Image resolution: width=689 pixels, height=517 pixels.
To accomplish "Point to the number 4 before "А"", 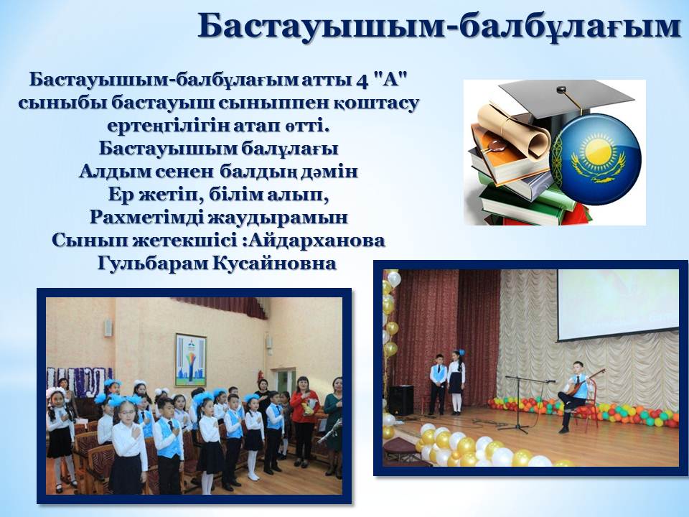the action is (x=360, y=80).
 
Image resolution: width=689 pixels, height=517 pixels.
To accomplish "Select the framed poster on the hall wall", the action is (x=191, y=360).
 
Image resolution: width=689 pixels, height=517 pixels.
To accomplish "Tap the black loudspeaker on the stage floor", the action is (x=400, y=400).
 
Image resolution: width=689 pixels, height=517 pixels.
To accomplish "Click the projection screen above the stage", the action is (x=618, y=304).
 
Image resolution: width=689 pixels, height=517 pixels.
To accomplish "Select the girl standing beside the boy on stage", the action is (x=456, y=381).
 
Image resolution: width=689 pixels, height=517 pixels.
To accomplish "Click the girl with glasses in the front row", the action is (x=128, y=444).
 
